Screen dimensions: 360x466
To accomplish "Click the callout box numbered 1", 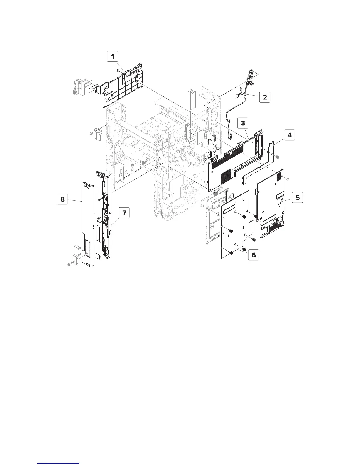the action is [x=112, y=56].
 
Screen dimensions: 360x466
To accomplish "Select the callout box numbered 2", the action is [x=265, y=97].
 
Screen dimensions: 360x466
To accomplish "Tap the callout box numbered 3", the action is [x=243, y=123].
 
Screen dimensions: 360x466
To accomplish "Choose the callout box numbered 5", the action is [x=298, y=197].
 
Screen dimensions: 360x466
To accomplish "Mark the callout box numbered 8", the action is [x=62, y=199].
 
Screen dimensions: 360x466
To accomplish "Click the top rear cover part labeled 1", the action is [x=124, y=85].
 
